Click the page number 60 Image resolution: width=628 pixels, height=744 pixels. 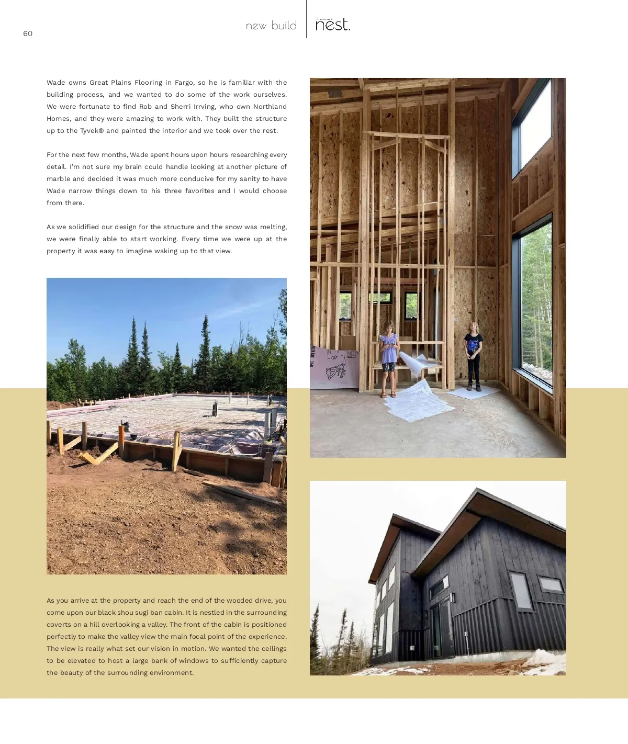coord(28,33)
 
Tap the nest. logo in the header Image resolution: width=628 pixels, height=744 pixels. coord(333,25)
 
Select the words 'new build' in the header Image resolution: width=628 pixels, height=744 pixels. coord(271,26)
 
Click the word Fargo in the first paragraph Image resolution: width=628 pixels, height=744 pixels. coord(184,83)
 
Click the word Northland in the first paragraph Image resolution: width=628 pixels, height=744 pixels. coord(270,107)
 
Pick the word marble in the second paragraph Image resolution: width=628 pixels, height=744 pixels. coord(58,179)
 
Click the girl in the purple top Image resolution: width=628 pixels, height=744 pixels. coord(389,358)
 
